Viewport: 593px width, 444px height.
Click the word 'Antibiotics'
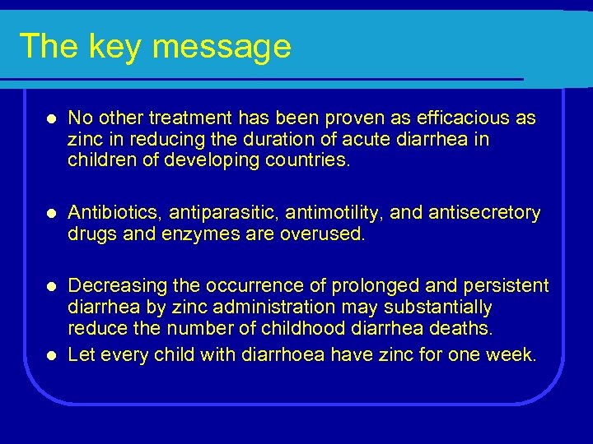tap(114, 214)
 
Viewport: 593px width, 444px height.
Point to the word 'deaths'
tap(466, 329)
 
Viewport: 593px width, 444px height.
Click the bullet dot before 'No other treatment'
tap(51, 119)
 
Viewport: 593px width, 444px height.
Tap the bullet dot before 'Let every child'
tap(51, 355)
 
